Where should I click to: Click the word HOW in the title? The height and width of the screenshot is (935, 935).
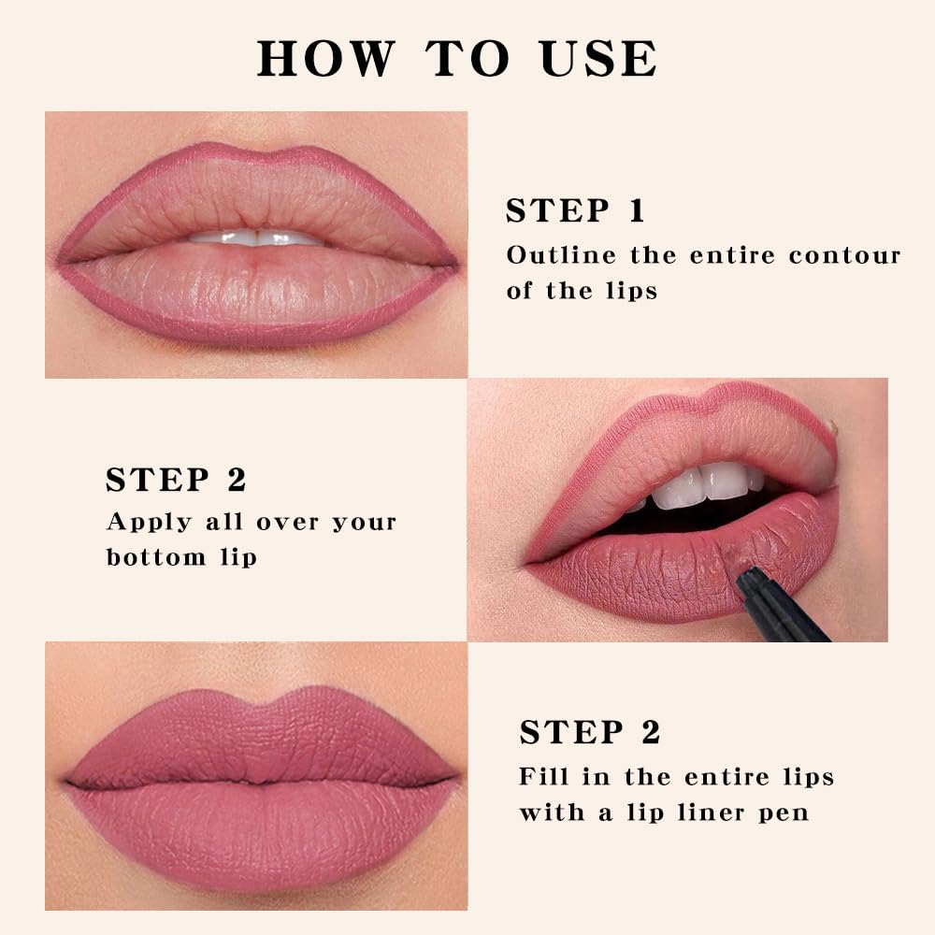pyautogui.click(x=325, y=58)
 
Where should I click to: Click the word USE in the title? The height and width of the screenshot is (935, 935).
pyautogui.click(x=597, y=58)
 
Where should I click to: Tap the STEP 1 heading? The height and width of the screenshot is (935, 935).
pyautogui.click(x=575, y=211)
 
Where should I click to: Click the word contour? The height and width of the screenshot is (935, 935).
pyautogui.click(x=844, y=255)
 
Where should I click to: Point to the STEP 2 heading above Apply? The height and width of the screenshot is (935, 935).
pyautogui.click(x=176, y=480)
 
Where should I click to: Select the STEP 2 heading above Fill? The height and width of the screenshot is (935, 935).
pyautogui.click(x=590, y=732)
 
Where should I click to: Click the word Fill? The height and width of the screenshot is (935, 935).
pyautogui.click(x=543, y=776)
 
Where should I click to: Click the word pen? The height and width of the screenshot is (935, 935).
pyautogui.click(x=786, y=813)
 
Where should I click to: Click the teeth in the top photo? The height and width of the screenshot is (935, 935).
pyautogui.click(x=254, y=237)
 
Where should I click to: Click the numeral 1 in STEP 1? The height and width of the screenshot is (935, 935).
pyautogui.click(x=637, y=211)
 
